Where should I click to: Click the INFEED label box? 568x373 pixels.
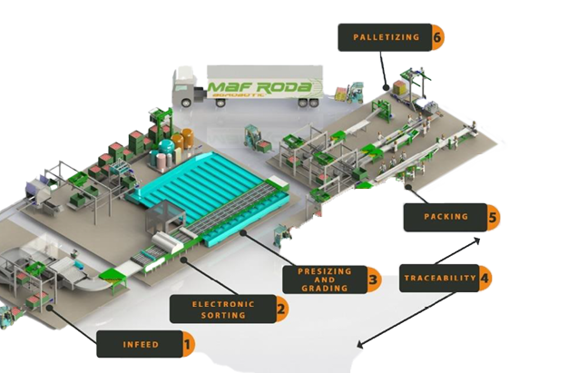click(141, 344)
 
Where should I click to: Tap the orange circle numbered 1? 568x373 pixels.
click(187, 344)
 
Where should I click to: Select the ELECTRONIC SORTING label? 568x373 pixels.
click(223, 309)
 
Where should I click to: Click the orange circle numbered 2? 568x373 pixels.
click(281, 309)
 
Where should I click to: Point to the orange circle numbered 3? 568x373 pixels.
click(372, 280)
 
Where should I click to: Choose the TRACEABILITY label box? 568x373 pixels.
click(439, 277)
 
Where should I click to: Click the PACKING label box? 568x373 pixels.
click(446, 217)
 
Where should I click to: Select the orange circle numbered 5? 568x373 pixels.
click(492, 217)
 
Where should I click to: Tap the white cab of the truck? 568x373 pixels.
click(184, 91)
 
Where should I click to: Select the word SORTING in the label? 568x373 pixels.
click(223, 315)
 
